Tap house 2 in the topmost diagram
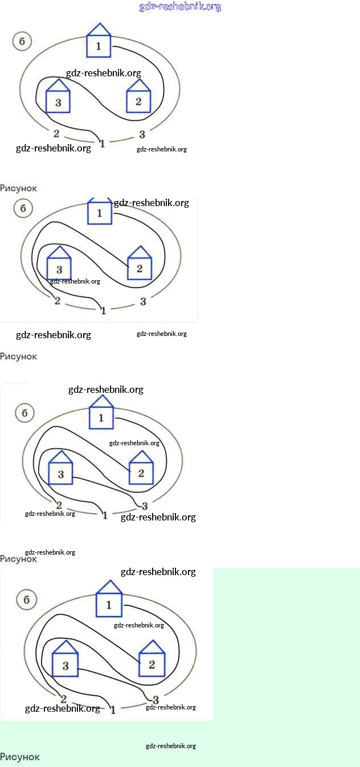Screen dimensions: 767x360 pos(138,98)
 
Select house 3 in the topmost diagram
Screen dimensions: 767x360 pos(58,98)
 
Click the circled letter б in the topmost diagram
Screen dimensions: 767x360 pos(22,42)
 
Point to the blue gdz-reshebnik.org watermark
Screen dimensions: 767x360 pos(180,7)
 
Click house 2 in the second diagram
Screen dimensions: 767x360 pos(140,265)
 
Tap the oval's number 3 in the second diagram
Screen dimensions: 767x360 pos(143,301)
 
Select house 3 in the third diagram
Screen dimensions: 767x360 pos(60,470)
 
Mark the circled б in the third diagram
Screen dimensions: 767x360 pos(24,413)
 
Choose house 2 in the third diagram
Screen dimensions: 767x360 pos(141,470)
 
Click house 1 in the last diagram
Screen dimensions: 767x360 pos(109,601)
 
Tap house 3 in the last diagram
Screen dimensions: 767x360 pos(65,662)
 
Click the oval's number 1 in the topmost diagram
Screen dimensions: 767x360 pos(103,143)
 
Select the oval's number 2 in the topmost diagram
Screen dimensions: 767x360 pos(56,134)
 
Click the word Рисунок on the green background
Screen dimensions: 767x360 pos(20,757)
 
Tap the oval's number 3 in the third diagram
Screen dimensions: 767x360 pos(145,506)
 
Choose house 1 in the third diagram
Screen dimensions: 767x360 pos(101,415)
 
